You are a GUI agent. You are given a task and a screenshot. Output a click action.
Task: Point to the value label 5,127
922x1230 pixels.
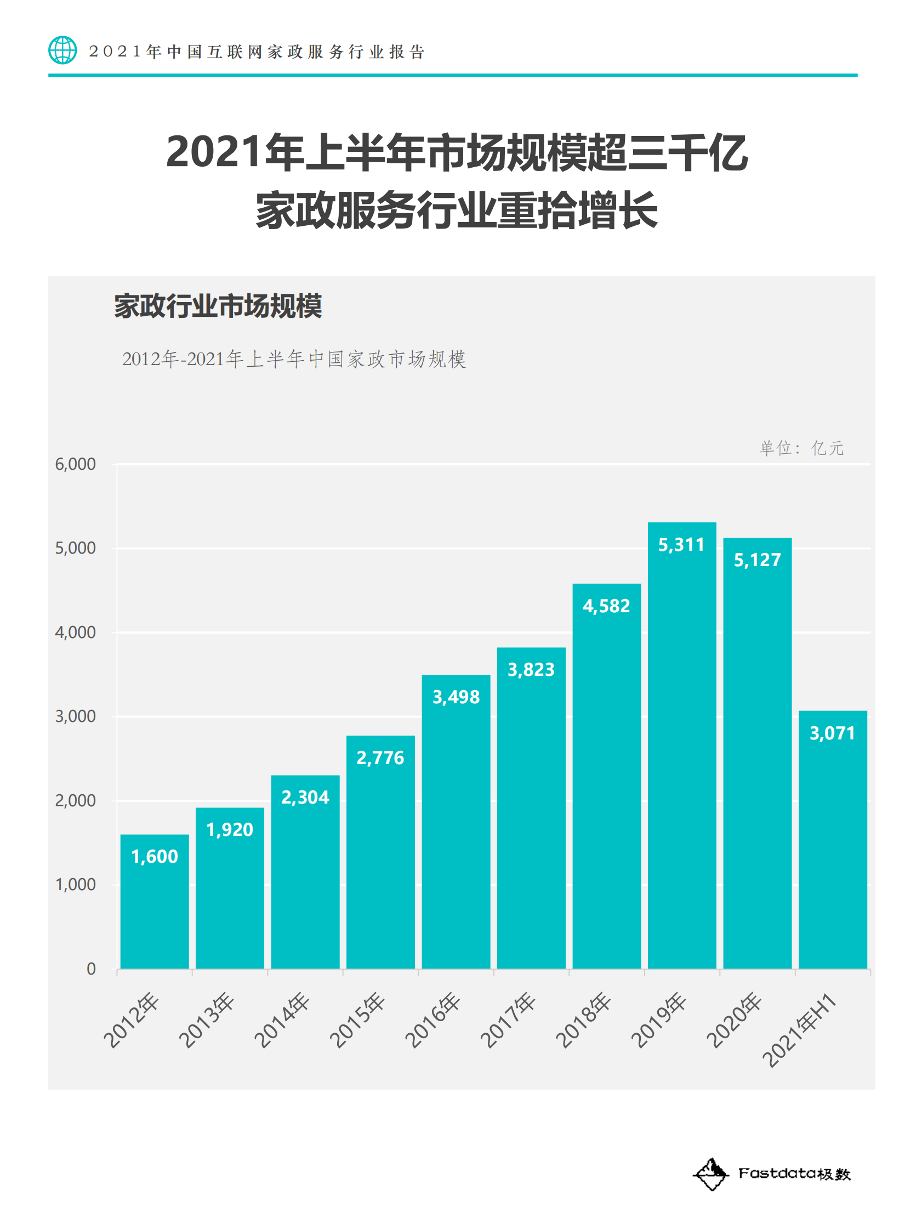pyautogui.click(x=758, y=560)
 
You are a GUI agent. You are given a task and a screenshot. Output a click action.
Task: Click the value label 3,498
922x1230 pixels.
pyautogui.click(x=456, y=697)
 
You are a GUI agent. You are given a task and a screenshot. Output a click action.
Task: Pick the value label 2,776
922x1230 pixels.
pyautogui.click(x=380, y=758)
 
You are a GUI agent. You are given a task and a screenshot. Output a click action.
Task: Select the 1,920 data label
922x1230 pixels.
pyautogui.click(x=230, y=829)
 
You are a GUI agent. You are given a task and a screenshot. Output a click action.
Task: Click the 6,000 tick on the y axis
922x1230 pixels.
pyautogui.click(x=75, y=464)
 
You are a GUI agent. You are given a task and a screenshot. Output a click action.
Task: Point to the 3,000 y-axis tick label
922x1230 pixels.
pyautogui.click(x=75, y=716)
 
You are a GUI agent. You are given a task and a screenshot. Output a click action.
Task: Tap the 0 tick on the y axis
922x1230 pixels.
pyautogui.click(x=91, y=969)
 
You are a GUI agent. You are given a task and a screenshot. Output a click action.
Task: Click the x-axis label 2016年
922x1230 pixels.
pyautogui.click(x=432, y=1020)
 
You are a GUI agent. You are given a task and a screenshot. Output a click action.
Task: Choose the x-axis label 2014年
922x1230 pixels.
pyautogui.click(x=282, y=1020)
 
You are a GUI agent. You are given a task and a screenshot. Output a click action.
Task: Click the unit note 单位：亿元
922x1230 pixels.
pyautogui.click(x=801, y=448)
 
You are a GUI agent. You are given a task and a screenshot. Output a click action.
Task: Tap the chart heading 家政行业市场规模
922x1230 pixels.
pyautogui.click(x=218, y=306)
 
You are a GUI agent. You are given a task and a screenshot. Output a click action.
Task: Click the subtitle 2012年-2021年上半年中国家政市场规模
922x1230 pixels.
pyautogui.click(x=294, y=358)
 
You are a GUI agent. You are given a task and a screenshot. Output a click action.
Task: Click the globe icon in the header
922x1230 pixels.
pyautogui.click(x=62, y=50)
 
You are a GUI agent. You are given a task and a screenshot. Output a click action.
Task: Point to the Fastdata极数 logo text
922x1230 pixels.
pyautogui.click(x=794, y=1174)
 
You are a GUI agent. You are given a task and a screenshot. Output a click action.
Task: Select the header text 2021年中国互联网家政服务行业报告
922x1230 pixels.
pyautogui.click(x=257, y=52)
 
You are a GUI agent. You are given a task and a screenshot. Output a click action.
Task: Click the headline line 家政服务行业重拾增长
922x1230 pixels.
pyautogui.click(x=457, y=210)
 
